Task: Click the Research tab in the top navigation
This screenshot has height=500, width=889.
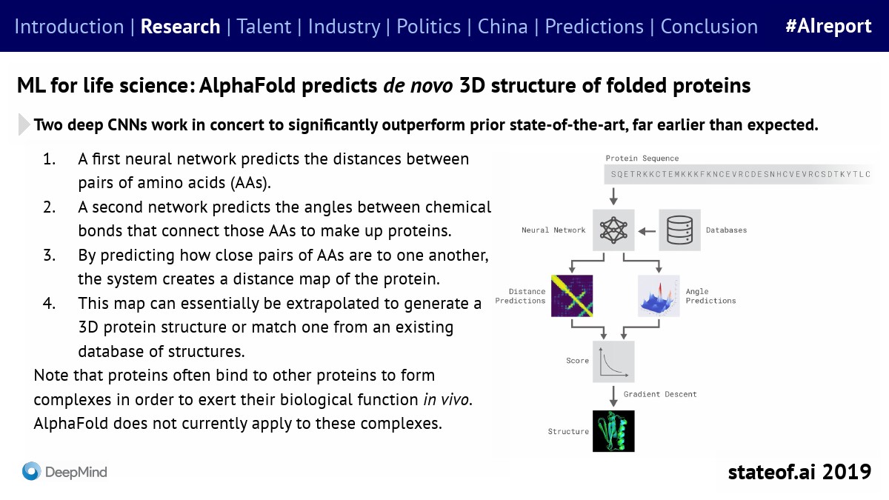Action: coord(180,27)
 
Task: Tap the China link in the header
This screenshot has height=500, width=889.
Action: coord(502,27)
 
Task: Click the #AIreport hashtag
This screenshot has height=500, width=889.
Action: coord(828,27)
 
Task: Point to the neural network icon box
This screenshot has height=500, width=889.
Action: coord(613,230)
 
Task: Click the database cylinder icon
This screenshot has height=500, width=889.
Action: coord(680,230)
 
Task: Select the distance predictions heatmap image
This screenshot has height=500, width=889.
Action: coord(573,296)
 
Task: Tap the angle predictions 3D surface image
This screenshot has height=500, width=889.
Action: coord(659,296)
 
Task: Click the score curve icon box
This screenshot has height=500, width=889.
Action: coord(613,361)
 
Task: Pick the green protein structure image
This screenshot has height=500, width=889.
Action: coord(613,430)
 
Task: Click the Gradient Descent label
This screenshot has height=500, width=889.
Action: coord(660,394)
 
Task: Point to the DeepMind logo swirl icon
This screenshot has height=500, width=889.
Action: coord(31,471)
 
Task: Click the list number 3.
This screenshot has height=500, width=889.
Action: coord(50,255)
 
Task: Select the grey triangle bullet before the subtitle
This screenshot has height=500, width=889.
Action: coord(24,124)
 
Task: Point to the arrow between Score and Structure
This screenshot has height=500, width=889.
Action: coord(613,394)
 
